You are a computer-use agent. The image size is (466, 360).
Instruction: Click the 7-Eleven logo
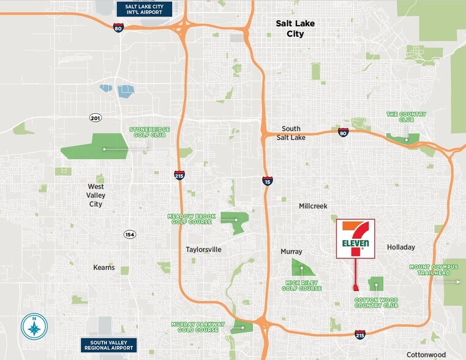click(356, 239)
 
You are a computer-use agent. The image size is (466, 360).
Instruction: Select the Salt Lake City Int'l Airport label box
click(144, 9)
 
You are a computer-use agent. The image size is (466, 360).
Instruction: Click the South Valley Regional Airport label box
click(109, 345)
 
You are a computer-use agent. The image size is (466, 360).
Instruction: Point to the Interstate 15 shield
click(267, 181)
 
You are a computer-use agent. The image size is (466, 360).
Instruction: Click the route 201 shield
click(95, 117)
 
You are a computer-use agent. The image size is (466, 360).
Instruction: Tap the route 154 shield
click(129, 234)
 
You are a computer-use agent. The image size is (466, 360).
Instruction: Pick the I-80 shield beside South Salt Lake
click(344, 132)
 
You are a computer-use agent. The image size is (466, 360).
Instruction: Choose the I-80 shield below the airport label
click(118, 28)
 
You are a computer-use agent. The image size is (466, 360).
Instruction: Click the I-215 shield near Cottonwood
click(360, 335)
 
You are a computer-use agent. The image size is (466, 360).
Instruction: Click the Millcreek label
click(314, 207)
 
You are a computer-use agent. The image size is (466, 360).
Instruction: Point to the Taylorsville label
click(203, 249)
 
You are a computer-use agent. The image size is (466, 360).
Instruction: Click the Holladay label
click(401, 247)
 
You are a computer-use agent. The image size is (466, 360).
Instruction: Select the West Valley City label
click(96, 195)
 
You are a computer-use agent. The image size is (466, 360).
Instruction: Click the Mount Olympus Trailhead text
click(433, 270)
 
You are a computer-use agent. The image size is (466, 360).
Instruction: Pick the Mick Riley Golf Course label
click(303, 285)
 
